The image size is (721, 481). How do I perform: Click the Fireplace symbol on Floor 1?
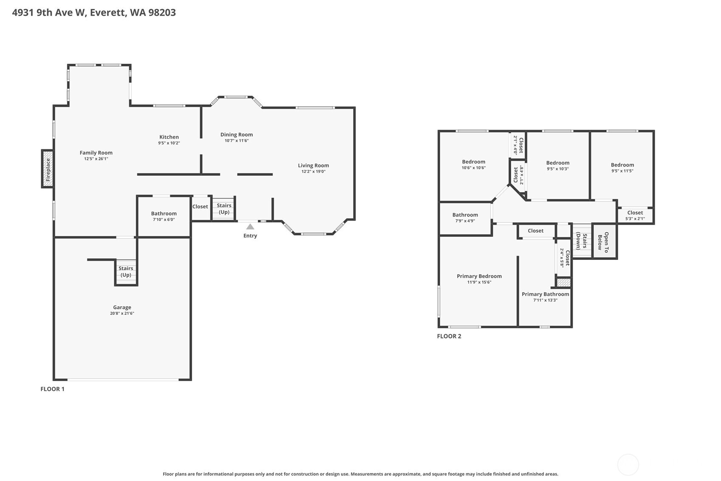(48, 169)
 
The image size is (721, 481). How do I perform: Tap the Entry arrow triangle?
(250, 227)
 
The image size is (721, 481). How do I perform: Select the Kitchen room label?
(169, 137)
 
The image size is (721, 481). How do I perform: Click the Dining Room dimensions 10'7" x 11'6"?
(236, 141)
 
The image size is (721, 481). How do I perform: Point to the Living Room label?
(313, 165)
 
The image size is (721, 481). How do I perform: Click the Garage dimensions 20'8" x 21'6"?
(122, 313)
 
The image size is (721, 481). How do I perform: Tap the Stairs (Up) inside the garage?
(126, 271)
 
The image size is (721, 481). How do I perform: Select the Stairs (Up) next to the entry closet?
(224, 208)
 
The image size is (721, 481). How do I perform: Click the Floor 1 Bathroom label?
(164, 213)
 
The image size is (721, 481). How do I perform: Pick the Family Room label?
(96, 153)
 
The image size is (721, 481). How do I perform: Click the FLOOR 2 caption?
(449, 336)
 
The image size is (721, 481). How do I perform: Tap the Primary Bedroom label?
(479, 276)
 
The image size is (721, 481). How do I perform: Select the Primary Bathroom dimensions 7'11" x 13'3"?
(545, 300)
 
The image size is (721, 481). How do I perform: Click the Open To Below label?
(603, 241)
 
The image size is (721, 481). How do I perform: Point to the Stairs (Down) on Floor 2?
(581, 241)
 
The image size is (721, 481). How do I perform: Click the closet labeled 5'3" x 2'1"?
(635, 215)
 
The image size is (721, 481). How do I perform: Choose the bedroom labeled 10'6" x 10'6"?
(473, 164)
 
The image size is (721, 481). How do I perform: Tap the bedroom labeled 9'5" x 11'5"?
(622, 167)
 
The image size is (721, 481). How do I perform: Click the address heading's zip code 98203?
(162, 12)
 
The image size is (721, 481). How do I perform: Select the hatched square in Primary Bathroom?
(563, 282)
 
